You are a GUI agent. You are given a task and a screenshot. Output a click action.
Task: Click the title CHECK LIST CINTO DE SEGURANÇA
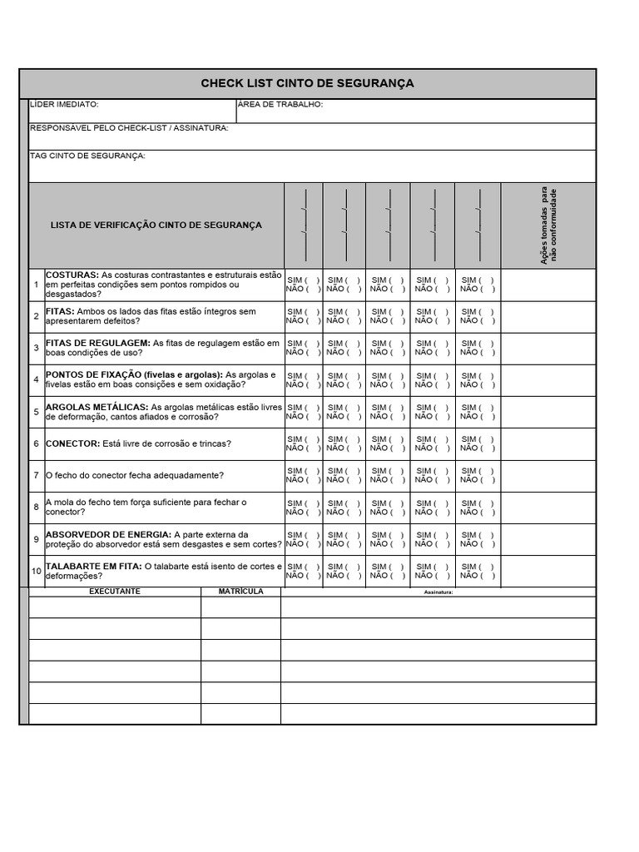(x=307, y=83)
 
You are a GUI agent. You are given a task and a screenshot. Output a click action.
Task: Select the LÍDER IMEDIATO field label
(x=64, y=105)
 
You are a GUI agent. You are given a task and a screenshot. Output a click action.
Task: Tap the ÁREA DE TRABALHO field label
(x=280, y=105)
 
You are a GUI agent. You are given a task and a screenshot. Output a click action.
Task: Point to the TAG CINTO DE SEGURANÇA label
(x=87, y=156)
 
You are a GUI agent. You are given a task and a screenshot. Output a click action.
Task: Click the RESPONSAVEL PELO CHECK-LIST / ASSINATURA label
(x=129, y=128)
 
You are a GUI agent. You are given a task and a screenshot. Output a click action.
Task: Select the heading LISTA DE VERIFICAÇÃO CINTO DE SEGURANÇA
(x=156, y=225)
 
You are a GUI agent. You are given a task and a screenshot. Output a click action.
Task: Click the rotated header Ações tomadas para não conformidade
(x=549, y=226)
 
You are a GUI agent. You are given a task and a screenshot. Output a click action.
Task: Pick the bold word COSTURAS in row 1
(x=72, y=275)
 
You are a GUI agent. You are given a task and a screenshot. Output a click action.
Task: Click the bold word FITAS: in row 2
(x=60, y=311)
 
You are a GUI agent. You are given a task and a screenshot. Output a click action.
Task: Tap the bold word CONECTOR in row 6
(x=72, y=443)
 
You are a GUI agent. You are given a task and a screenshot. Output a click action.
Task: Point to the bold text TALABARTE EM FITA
(x=94, y=566)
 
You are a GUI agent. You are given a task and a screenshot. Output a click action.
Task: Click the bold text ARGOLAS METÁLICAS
(x=97, y=407)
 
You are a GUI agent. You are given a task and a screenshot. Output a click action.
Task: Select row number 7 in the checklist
(x=37, y=475)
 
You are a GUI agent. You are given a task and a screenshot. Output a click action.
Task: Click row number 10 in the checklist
(x=37, y=571)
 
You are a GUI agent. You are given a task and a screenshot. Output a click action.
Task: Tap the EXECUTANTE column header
(x=115, y=592)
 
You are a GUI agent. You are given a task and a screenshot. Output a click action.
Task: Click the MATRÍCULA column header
(x=240, y=592)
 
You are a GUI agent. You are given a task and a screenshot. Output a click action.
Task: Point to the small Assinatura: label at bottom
(x=438, y=592)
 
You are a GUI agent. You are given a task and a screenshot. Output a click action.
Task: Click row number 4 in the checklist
(x=37, y=380)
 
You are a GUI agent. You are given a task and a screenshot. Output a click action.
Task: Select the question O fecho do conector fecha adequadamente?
(x=135, y=475)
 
